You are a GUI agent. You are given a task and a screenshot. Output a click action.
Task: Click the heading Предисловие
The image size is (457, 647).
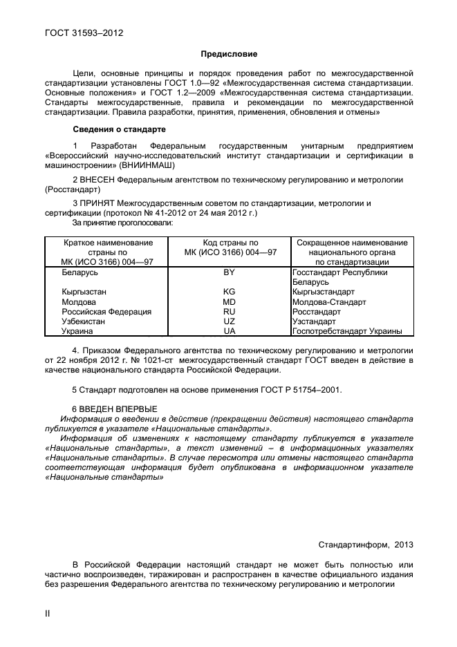coord(228,53)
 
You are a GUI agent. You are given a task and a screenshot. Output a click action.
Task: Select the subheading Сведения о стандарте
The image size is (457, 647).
coord(118,129)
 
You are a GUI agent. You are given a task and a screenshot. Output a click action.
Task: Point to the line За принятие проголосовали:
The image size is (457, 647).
coord(123,223)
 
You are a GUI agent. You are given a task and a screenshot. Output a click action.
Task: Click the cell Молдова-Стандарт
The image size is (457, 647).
coord(329,302)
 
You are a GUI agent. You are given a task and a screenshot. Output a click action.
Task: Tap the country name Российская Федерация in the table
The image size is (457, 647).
coord(106,312)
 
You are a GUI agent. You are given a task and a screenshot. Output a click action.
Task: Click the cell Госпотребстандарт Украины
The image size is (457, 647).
coord(347,331)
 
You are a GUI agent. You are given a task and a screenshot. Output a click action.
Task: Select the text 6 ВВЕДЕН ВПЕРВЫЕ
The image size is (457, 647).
coord(115,409)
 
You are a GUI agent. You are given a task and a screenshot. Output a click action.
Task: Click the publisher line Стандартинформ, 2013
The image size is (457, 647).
coord(366,545)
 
